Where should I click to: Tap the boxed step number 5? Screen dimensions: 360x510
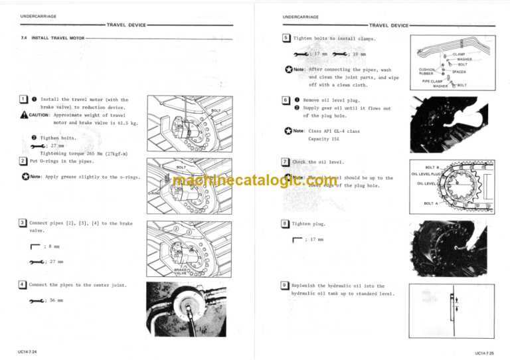pyautogui.click(x=284, y=39)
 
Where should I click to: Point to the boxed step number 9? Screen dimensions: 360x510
pyautogui.click(x=284, y=286)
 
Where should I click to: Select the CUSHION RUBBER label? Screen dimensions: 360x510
pyautogui.click(x=427, y=70)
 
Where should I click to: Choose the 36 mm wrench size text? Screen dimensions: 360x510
pyautogui.click(x=56, y=301)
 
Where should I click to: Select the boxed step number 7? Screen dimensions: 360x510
pyautogui.click(x=284, y=161)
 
